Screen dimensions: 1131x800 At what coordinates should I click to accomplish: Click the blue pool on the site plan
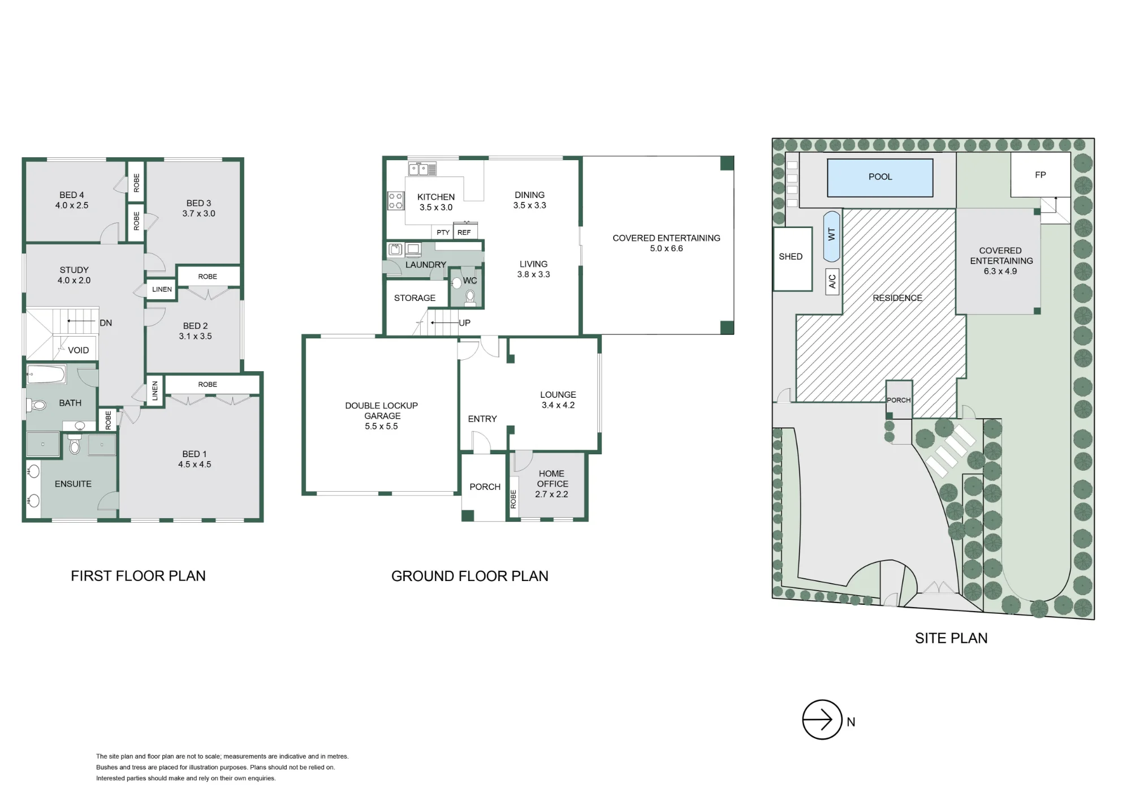[x=880, y=178]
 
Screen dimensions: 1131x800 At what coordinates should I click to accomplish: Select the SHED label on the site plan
[x=791, y=257]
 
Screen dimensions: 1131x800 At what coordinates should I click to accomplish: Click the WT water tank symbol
[x=831, y=236]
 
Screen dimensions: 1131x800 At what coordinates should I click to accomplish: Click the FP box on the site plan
[x=1041, y=175]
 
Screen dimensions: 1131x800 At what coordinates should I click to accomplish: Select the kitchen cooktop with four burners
[x=396, y=201]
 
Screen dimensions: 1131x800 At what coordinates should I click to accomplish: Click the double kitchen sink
[x=422, y=169]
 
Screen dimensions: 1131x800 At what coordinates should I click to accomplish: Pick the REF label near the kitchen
[x=464, y=233]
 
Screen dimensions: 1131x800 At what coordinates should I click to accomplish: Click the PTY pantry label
[x=443, y=233]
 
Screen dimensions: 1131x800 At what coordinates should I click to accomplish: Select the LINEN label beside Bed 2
[x=162, y=289]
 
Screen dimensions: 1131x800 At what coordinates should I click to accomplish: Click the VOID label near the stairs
[x=79, y=350]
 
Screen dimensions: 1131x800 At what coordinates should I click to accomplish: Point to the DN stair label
[x=106, y=323]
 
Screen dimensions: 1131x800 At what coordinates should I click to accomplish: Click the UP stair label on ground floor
[x=465, y=323]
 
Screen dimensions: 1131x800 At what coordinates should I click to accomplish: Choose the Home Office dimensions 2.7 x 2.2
[x=552, y=494]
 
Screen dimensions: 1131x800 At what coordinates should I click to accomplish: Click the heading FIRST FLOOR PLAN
[x=138, y=576]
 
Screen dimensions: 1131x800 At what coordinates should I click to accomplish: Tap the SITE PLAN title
[x=951, y=638]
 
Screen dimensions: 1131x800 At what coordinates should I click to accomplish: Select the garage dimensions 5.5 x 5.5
[x=381, y=426]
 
